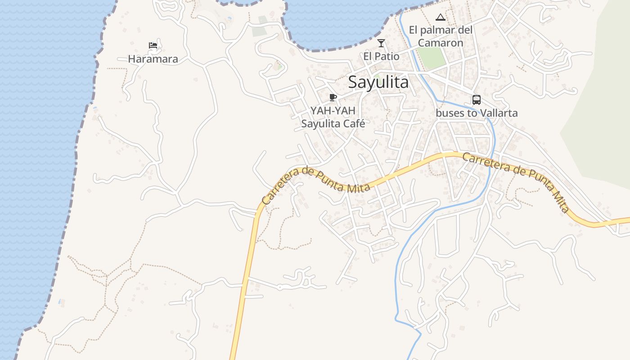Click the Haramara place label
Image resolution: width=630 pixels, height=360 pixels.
[x=153, y=59]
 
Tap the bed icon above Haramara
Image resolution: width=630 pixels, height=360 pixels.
[x=153, y=45]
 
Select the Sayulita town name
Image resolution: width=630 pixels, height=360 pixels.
[x=378, y=82]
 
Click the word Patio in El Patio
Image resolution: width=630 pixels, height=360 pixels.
[x=387, y=57]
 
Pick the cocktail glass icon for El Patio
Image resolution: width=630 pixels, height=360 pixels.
[x=381, y=43]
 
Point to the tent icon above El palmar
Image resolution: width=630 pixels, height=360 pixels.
[x=441, y=18]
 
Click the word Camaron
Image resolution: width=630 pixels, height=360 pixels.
[x=441, y=43]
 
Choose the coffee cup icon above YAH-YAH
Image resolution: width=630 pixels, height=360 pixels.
[x=333, y=97]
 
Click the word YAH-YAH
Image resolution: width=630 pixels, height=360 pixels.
[x=333, y=111]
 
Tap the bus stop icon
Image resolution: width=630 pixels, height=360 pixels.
[x=477, y=100]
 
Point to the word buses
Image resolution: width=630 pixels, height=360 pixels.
[x=450, y=113]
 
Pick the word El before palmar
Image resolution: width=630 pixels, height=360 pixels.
[x=413, y=30]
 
